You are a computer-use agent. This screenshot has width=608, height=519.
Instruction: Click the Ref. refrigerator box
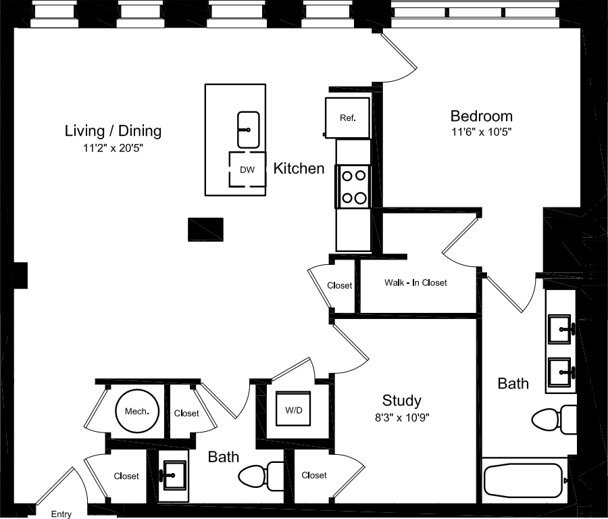click(347, 118)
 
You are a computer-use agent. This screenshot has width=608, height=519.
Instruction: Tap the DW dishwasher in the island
click(247, 170)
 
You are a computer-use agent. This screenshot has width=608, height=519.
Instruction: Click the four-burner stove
click(353, 187)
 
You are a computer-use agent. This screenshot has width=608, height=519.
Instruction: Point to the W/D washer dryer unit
click(293, 409)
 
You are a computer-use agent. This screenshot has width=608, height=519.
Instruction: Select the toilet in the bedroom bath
click(555, 420)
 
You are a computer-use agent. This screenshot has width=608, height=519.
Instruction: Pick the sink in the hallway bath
click(174, 474)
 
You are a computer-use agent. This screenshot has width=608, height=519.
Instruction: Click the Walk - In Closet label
click(415, 282)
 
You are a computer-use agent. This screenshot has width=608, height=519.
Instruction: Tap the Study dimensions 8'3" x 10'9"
click(402, 417)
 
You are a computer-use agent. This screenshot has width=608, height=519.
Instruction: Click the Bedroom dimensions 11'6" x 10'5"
click(482, 132)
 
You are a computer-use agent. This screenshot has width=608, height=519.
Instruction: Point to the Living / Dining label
click(113, 130)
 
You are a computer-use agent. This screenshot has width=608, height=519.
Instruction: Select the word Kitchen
click(299, 168)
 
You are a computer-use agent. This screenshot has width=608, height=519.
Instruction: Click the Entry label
click(61, 514)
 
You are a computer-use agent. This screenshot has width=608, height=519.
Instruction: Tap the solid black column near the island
click(206, 229)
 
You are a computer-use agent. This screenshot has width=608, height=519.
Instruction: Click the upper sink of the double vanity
click(561, 330)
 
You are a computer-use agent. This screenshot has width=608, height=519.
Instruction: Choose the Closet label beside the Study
click(314, 475)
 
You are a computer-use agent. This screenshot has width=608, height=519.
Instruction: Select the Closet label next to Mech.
click(186, 413)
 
